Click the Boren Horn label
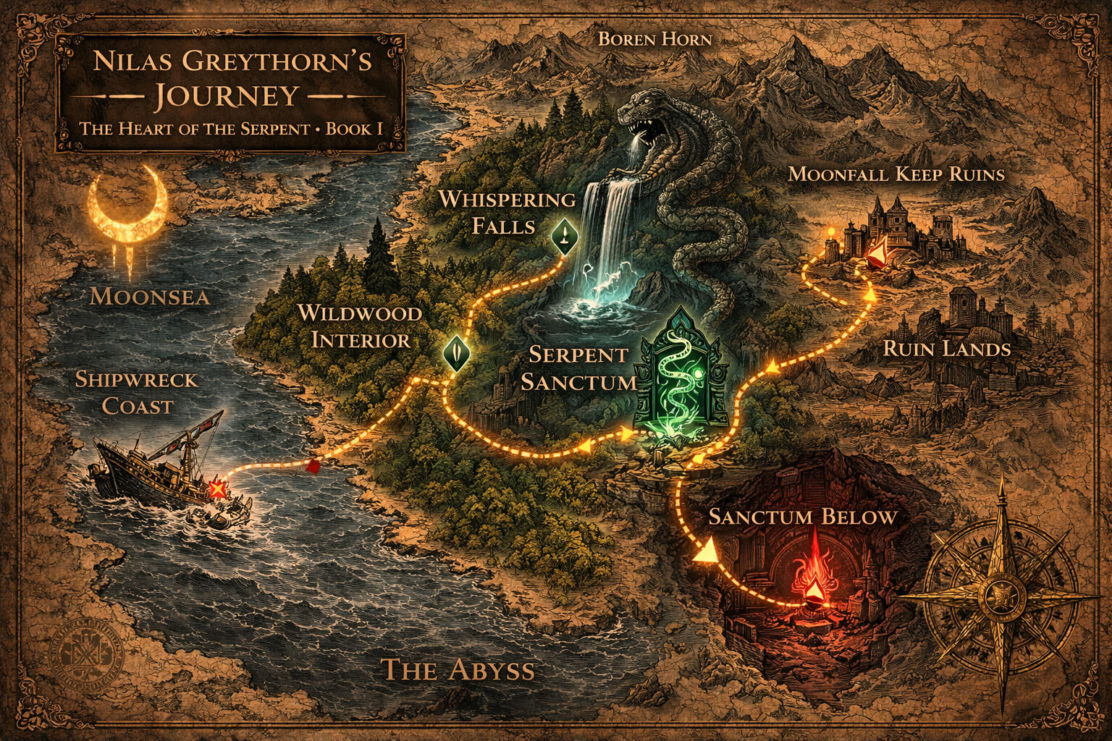[x=654, y=38]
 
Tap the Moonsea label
[x=150, y=296]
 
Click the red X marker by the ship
[x=216, y=489]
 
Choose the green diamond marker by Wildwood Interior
[x=455, y=353]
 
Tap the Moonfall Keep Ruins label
[x=896, y=174]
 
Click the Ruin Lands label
[x=946, y=349]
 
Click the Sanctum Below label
[x=802, y=517]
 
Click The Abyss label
[x=458, y=669]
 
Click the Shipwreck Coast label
[x=136, y=393]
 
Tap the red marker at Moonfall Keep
[x=878, y=253]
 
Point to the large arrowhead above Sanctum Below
[x=704, y=551]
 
